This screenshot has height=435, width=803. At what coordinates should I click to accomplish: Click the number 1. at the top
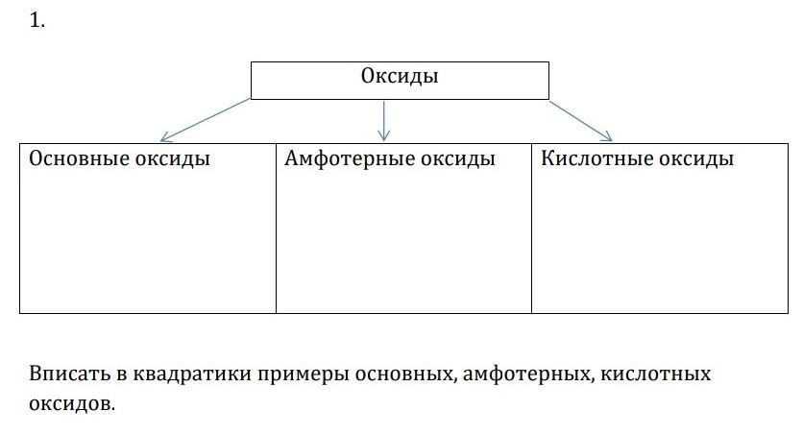[x=37, y=20]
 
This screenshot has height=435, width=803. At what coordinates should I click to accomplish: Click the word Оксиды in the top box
[x=400, y=76]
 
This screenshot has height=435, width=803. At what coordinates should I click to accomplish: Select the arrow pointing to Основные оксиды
[x=206, y=120]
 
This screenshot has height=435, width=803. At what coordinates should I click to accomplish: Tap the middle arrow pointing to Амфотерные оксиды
[x=383, y=121]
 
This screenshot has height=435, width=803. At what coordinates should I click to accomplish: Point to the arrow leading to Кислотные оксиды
[x=581, y=121]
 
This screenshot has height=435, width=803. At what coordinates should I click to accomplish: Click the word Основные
[x=79, y=158]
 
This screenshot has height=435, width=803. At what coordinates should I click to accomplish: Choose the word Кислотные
[x=596, y=158]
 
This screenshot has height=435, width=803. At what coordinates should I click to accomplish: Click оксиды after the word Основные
[x=173, y=158]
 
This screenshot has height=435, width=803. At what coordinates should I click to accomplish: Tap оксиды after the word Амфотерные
[x=458, y=158]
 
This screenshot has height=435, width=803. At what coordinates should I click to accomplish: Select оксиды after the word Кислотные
[x=696, y=158]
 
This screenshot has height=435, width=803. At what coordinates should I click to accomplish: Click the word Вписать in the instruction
[x=69, y=374]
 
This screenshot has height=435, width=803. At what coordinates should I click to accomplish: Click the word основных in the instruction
[x=404, y=375]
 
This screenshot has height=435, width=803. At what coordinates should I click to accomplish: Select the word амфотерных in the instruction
[x=528, y=375]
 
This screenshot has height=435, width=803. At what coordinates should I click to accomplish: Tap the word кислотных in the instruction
[x=655, y=375]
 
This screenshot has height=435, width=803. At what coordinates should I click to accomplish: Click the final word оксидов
[x=72, y=403]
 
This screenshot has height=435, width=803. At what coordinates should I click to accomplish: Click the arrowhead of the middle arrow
[x=383, y=136]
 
